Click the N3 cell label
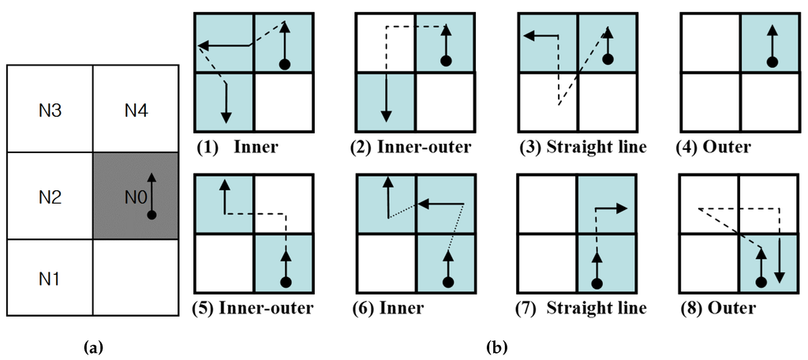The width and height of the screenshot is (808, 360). coord(50,110)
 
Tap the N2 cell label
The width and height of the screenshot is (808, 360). coord(50,195)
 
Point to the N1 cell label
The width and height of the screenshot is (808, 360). coord(50,280)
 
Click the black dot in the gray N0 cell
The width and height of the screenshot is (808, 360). coord(151,214)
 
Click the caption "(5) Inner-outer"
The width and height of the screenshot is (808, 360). coord(253,307)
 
